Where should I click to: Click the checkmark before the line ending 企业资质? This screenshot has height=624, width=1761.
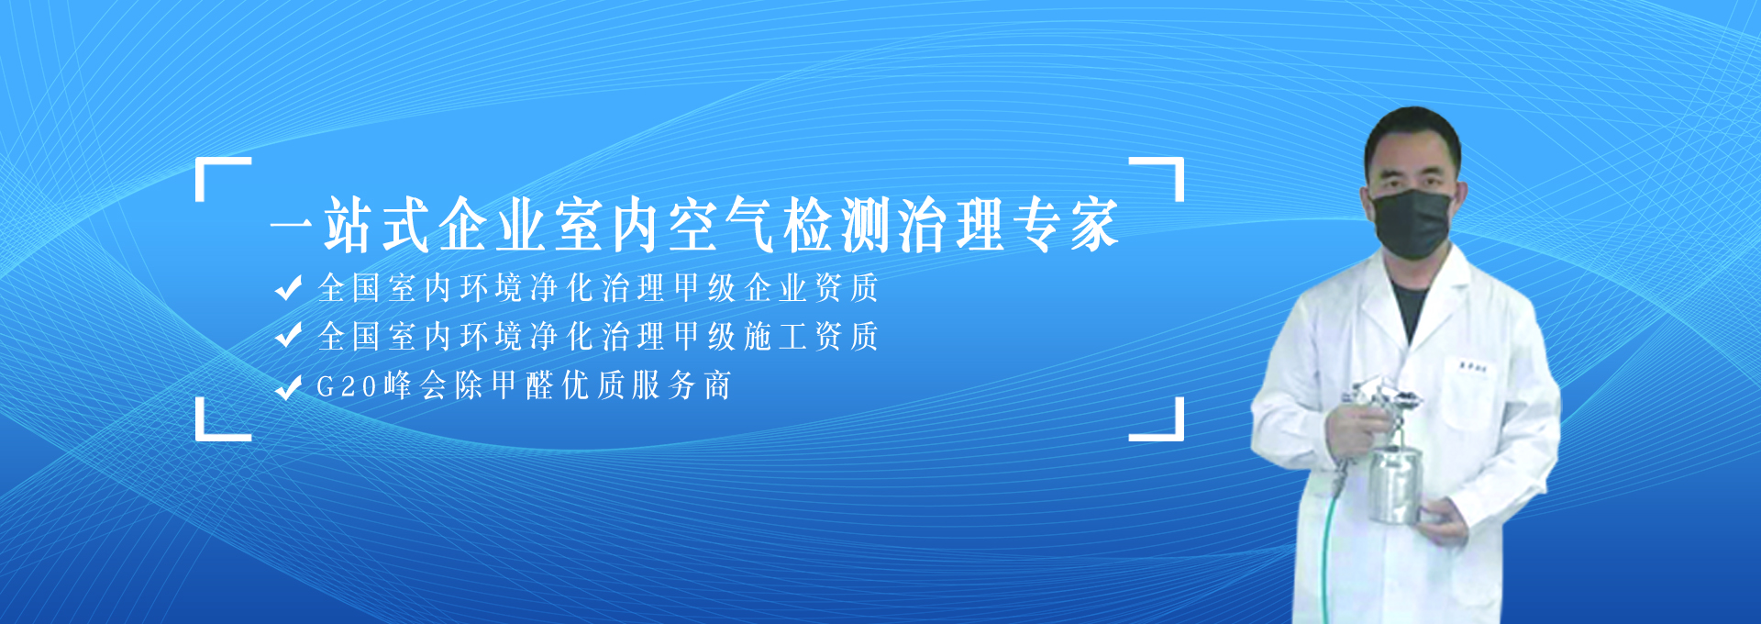pyautogui.click(x=288, y=288)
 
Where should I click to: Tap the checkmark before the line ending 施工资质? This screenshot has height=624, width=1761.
pyautogui.click(x=288, y=337)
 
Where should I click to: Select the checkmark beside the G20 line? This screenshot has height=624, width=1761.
pyautogui.click(x=288, y=386)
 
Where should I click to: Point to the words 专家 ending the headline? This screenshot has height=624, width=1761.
pyautogui.click(x=1066, y=225)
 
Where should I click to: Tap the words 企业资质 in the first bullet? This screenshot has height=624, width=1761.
pyautogui.click(x=812, y=288)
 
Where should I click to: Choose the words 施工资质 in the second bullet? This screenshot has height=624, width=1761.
pyautogui.click(x=812, y=337)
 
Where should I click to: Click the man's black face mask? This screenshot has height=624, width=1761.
pyautogui.click(x=1412, y=223)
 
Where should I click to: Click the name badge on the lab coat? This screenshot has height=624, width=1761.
pyautogui.click(x=1474, y=368)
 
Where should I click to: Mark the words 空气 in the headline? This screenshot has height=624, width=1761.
pyautogui.click(x=724, y=225)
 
